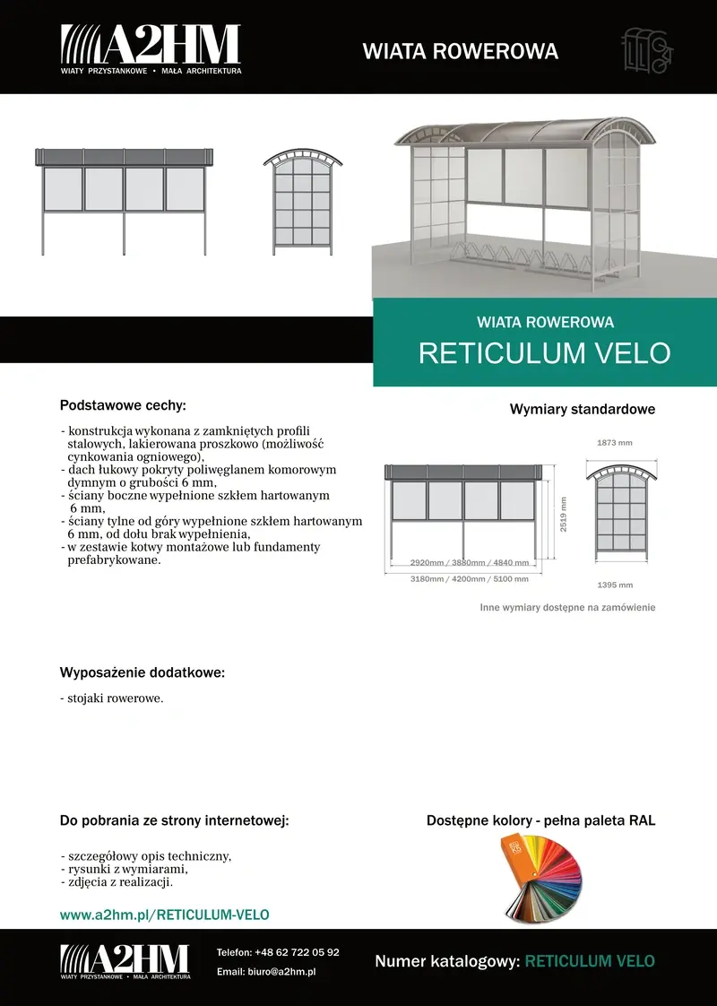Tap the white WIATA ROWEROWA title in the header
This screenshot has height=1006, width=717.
(460, 51)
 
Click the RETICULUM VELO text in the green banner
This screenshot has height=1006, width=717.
(544, 353)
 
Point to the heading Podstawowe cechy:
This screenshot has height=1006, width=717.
(123, 405)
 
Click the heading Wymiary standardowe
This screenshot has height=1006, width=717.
(583, 410)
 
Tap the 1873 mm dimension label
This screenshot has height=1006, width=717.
(615, 443)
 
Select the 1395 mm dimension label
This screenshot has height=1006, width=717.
(615, 585)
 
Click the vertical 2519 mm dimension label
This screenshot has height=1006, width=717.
(564, 515)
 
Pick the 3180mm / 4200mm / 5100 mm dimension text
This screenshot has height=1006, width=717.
(457, 579)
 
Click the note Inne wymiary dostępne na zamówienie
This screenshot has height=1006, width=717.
(567, 608)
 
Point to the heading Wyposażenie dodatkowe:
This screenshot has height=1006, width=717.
(143, 672)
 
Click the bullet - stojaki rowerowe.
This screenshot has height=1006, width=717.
(112, 698)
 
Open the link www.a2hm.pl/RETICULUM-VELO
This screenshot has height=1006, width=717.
(164, 915)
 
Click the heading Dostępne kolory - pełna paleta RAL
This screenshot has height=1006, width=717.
(540, 820)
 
